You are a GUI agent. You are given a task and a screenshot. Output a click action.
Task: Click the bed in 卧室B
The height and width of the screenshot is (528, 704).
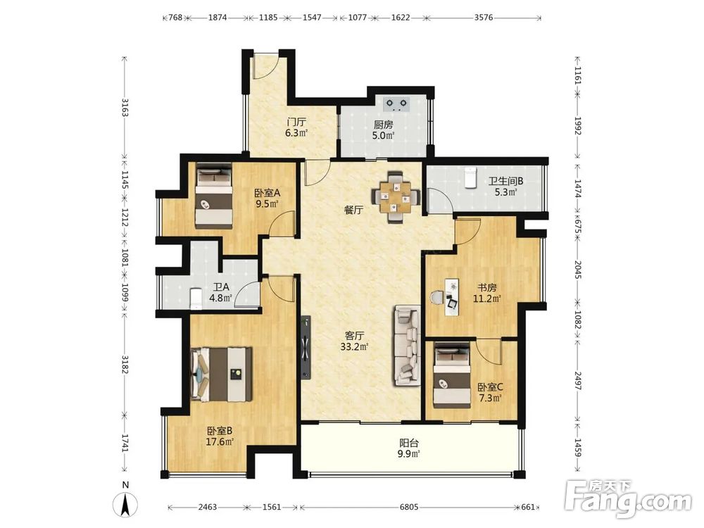pyautogui.click(x=221, y=374)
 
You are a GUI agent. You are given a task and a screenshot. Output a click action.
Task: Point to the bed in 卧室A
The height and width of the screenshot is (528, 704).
pyautogui.click(x=214, y=196)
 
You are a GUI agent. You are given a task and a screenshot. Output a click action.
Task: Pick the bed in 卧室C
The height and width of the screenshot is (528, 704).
pyautogui.click(x=452, y=376)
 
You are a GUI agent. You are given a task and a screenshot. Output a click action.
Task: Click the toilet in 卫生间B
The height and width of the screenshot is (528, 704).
pyautogui.click(x=469, y=177)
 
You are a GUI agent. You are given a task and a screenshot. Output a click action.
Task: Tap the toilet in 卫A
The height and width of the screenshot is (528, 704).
pyautogui.click(x=196, y=298)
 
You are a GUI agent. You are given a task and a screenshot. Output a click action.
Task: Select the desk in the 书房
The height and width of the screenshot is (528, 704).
pyautogui.click(x=452, y=297)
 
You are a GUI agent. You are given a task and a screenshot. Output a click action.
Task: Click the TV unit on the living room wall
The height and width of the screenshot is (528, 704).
pyautogui.click(x=306, y=347)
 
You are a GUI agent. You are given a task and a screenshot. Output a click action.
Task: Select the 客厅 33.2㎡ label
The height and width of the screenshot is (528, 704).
pyautogui.click(x=354, y=341)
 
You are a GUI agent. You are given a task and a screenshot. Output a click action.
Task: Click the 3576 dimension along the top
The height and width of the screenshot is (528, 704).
pyautogui.click(x=484, y=18)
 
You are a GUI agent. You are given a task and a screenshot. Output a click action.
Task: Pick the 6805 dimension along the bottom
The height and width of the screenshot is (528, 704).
pyautogui.click(x=408, y=507)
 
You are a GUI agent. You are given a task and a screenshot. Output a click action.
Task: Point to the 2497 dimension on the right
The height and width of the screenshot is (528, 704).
pyautogui.click(x=578, y=380)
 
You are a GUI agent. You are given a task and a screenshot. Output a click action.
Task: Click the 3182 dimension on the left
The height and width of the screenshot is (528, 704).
pyautogui.click(x=125, y=364)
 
